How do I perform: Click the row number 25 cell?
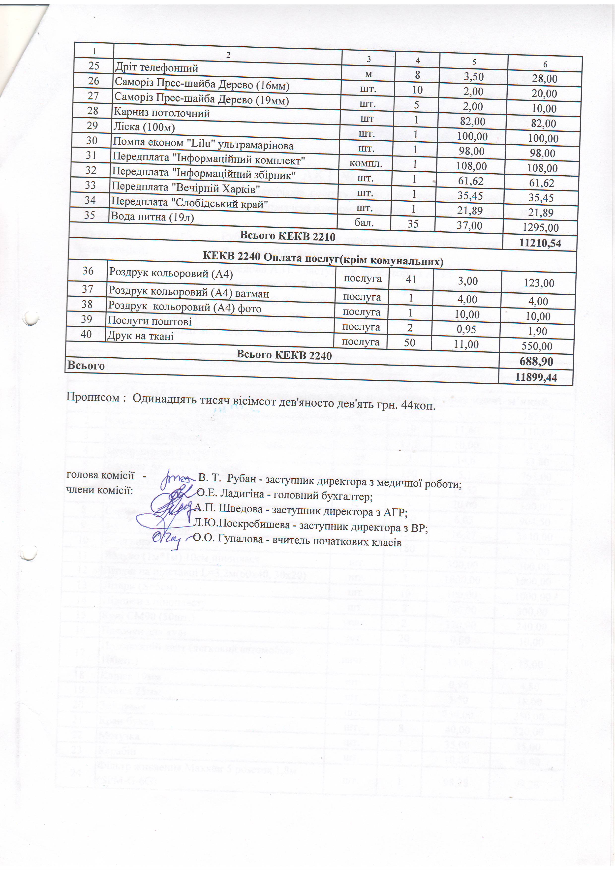click(93, 66)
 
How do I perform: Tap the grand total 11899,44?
click(536, 377)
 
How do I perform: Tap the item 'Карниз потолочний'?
click(161, 113)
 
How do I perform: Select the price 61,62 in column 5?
click(471, 181)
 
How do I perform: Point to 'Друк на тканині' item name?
click(141, 336)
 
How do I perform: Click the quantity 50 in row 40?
click(409, 342)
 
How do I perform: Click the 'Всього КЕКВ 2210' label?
click(288, 236)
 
